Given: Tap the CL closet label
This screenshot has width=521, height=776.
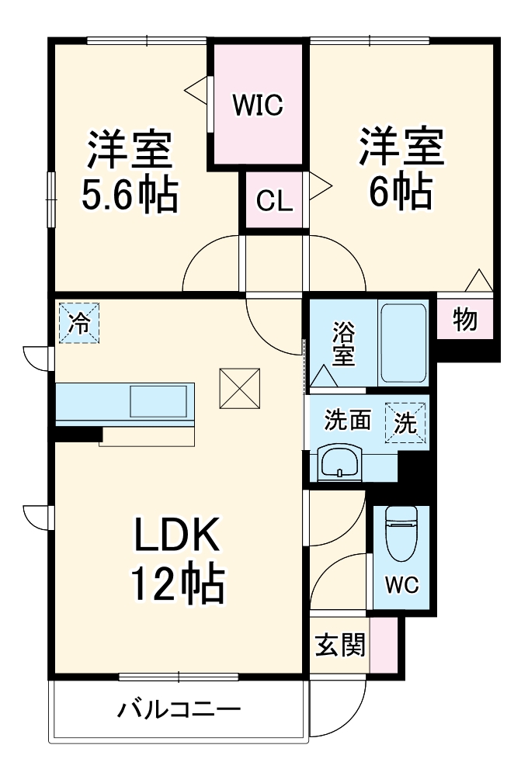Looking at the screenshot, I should pos(275,202).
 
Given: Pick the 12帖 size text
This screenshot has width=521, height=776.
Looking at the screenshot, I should pos(177,584).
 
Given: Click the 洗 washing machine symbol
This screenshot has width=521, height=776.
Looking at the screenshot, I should pos(405,424).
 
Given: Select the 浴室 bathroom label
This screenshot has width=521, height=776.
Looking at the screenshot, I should pos(344,346).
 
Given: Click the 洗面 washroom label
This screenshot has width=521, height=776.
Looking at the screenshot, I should pos(347,421).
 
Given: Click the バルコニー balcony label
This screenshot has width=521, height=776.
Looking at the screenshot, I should pos(179,710).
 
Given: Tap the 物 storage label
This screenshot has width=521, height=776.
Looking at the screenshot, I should pos(464,319).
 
